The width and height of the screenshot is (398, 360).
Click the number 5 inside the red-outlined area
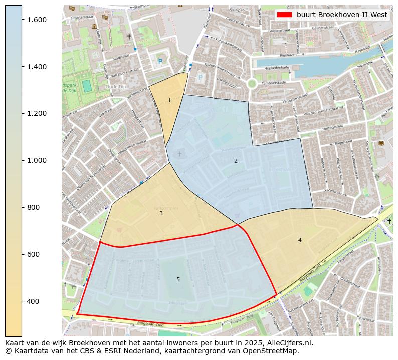pos(178,279)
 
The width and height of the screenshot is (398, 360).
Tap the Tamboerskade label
pos(275,82)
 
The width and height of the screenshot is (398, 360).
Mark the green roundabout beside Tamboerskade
pos(252,84)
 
